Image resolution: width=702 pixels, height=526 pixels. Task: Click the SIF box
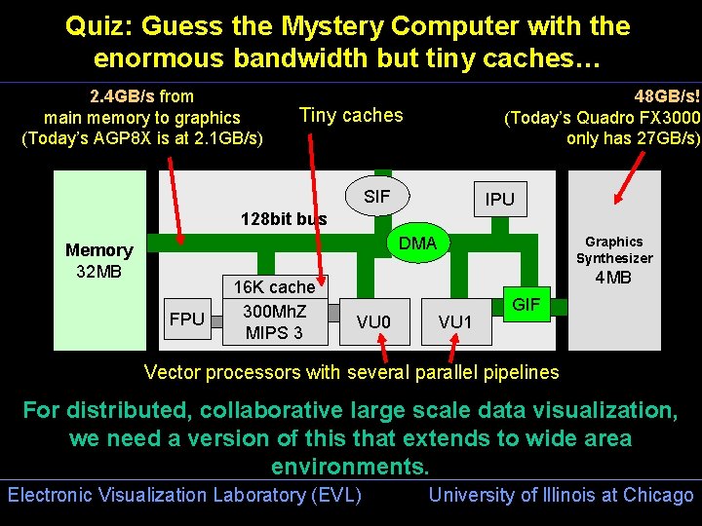[376, 197]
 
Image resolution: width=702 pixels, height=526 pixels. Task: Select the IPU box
[500, 199]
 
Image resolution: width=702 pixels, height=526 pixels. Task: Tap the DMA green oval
[418, 243]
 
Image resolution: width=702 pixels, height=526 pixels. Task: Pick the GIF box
[526, 304]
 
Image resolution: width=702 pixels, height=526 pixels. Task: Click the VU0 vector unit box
[373, 322]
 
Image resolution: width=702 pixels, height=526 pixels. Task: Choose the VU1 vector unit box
[455, 322]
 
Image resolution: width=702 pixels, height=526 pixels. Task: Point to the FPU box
[187, 319]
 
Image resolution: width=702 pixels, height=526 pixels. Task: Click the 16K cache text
[274, 287]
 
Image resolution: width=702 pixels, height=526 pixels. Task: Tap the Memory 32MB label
[98, 260]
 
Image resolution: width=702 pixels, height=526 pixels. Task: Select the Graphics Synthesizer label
[614, 249]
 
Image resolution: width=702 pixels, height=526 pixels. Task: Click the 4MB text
[613, 278]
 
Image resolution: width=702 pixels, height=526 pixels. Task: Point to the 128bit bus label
[284, 219]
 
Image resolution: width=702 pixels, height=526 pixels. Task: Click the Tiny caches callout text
[351, 115]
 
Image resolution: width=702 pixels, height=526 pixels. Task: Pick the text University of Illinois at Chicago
[561, 495]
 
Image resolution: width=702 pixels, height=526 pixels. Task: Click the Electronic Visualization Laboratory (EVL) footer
[184, 495]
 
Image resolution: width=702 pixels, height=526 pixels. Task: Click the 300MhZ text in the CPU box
[274, 311]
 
